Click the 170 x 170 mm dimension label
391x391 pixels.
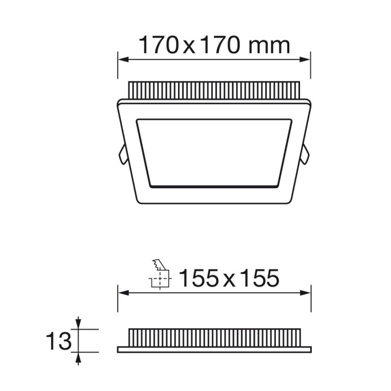pos(214,45)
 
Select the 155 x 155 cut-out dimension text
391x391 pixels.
pos(229,278)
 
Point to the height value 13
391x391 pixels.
pos(59,341)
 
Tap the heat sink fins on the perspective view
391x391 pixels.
pos(214,90)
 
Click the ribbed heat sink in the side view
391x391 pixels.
pos(214,337)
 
